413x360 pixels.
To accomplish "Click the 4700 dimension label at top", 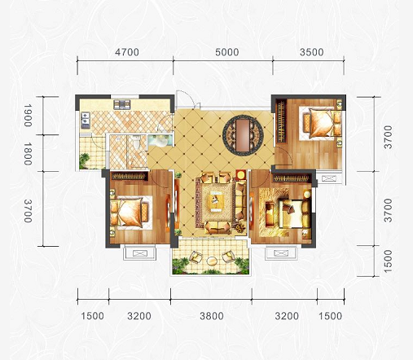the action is (x=127, y=52).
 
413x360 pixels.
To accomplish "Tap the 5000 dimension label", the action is (x=227, y=52).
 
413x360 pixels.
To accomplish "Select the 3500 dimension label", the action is (x=312, y=52).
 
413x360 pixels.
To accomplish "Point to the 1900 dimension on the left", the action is (x=28, y=115).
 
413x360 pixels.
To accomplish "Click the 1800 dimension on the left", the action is (x=28, y=154).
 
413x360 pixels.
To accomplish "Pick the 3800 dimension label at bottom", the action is (x=212, y=316).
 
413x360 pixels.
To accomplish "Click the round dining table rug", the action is (x=243, y=135).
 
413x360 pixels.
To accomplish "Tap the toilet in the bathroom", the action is (x=136, y=142).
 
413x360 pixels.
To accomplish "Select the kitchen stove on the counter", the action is (x=122, y=104).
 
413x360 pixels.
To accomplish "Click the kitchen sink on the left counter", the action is (x=86, y=120).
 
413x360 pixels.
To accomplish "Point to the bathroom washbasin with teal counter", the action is (x=160, y=139).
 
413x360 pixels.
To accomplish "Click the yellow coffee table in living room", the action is (x=216, y=201).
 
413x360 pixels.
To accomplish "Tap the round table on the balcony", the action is (x=212, y=261).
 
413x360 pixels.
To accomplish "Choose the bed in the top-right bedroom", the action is (x=320, y=123).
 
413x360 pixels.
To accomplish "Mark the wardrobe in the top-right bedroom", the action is (x=281, y=121).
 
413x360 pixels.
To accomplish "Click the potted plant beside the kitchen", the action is (x=84, y=160).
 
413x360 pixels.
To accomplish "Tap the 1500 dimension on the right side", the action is (x=389, y=261).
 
